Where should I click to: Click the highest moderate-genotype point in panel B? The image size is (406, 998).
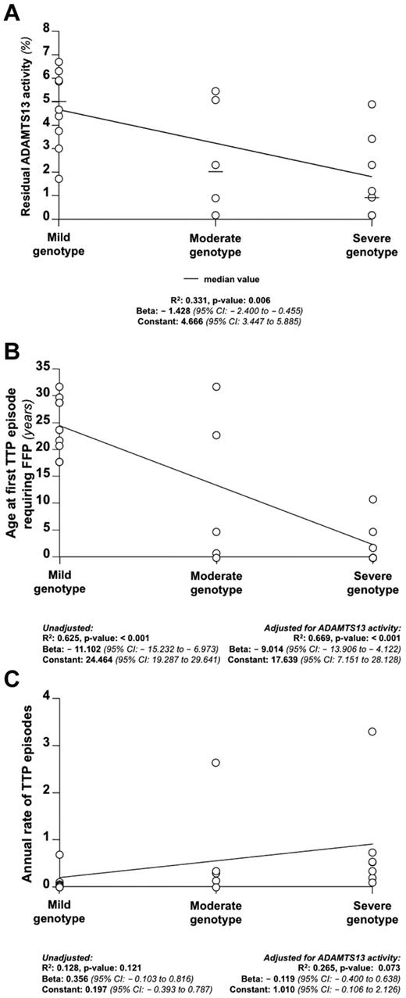[x=216, y=387]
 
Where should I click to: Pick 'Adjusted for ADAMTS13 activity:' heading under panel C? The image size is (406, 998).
[x=339, y=934]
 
